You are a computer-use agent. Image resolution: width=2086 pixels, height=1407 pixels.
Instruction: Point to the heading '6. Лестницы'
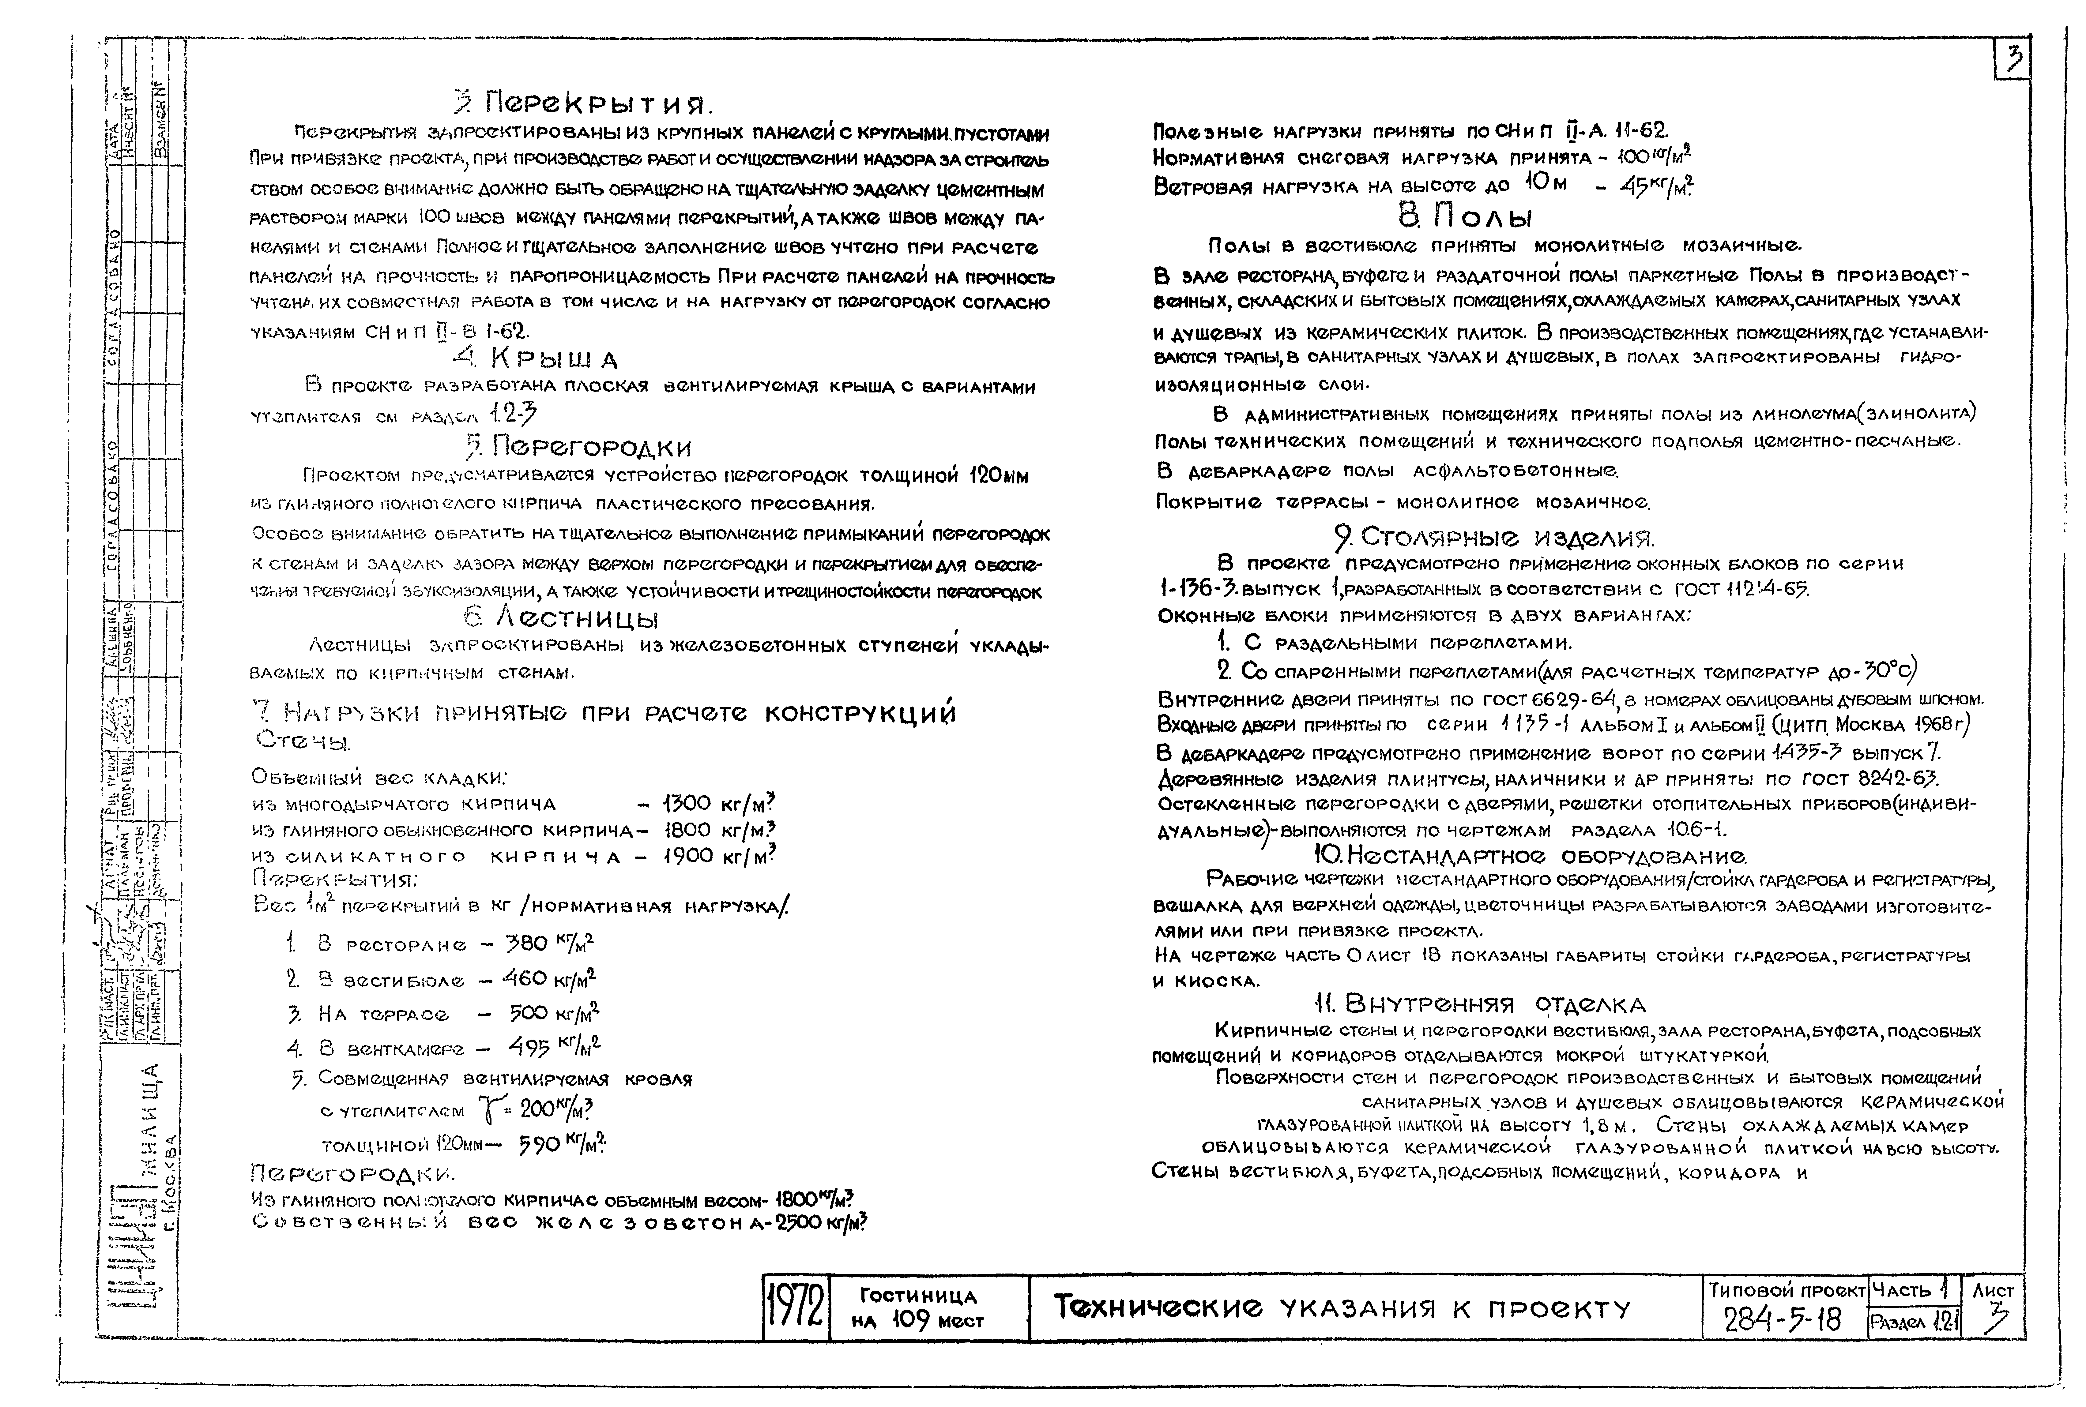tap(561, 618)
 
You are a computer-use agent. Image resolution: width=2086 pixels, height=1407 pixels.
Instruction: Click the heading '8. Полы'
tap(1465, 216)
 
